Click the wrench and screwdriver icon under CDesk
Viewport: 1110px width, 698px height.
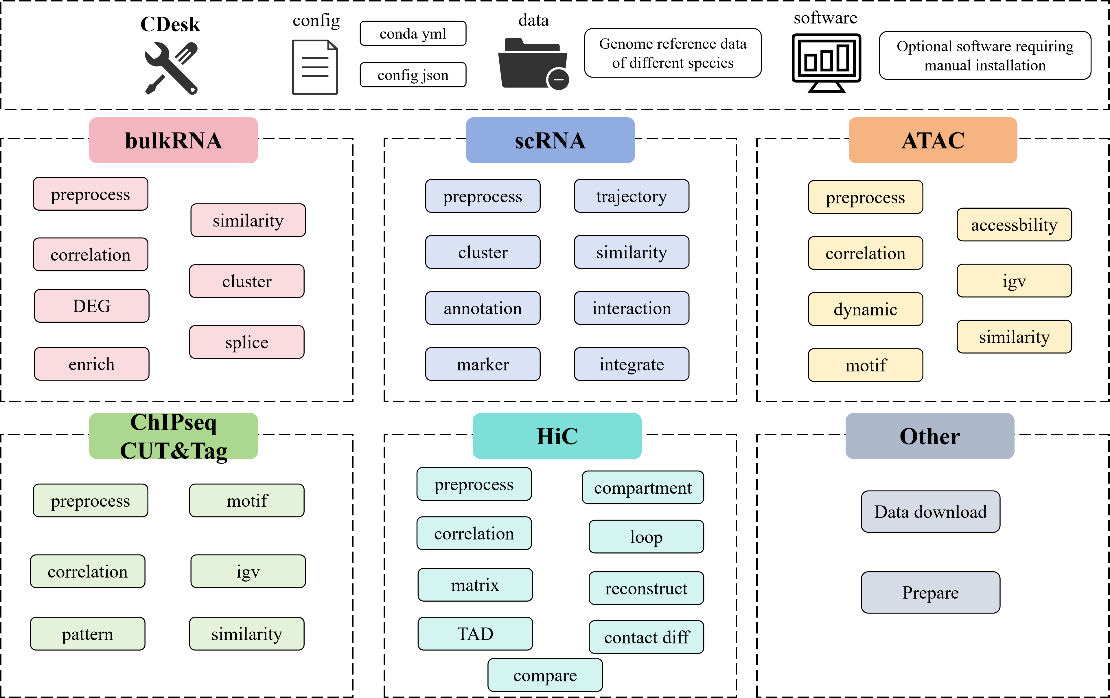coord(171,68)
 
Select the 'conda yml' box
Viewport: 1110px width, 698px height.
coord(413,34)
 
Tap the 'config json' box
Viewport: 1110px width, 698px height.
coord(413,75)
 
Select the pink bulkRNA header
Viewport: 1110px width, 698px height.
coord(173,140)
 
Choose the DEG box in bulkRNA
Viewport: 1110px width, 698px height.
coord(92,306)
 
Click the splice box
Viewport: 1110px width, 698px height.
coord(246,342)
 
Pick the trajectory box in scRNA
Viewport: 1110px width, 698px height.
coord(632,196)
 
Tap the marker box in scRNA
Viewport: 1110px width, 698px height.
coord(483,364)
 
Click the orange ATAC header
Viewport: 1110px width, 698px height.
coord(933,140)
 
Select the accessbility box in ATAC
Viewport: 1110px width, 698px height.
coord(1014,225)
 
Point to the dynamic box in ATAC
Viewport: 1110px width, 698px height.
coord(865,309)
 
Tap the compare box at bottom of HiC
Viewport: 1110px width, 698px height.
coord(545,675)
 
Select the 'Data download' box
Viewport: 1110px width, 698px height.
coord(931,512)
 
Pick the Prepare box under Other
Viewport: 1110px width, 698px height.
coord(931,592)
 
